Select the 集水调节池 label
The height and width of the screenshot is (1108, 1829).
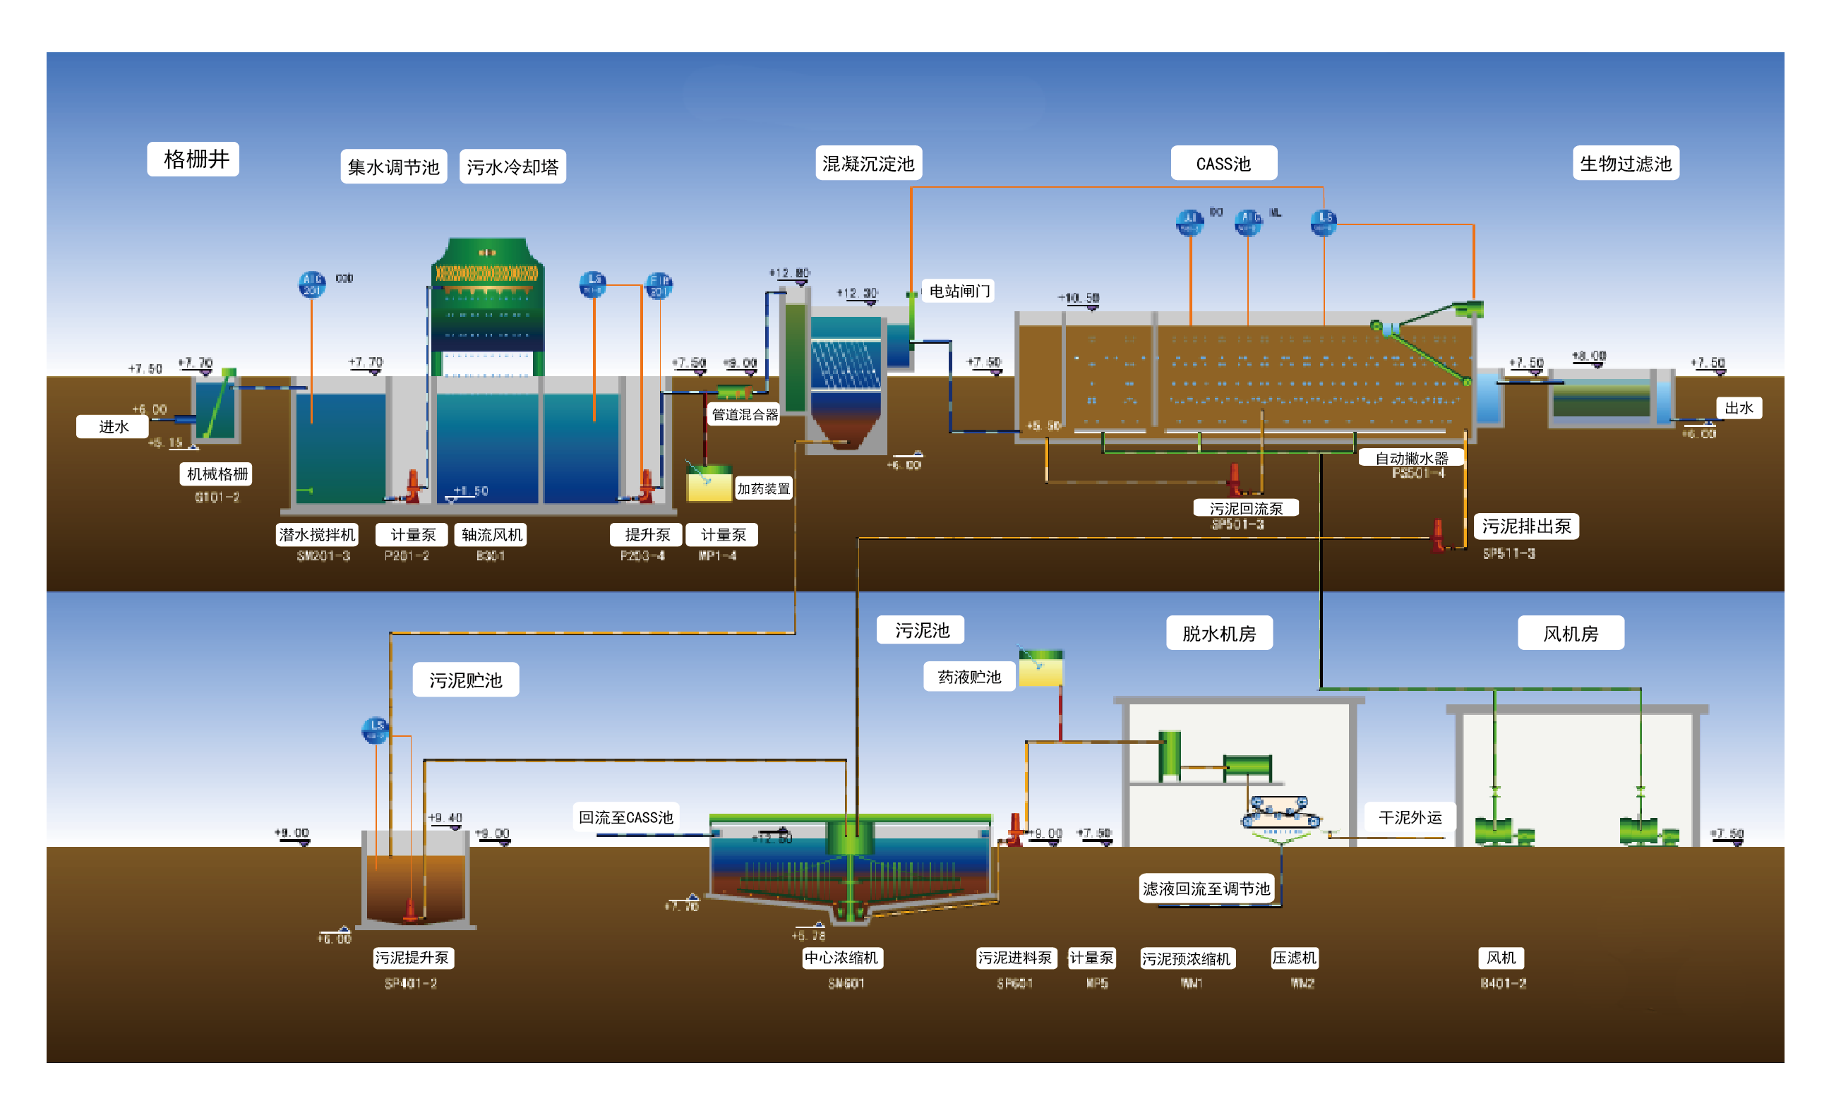[x=393, y=167]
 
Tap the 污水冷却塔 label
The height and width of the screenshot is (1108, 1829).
[x=512, y=167]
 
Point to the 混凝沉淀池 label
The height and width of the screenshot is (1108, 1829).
[x=868, y=163]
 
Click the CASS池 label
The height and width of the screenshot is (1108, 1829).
[x=1223, y=163]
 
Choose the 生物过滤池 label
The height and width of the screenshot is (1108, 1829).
[x=1625, y=163]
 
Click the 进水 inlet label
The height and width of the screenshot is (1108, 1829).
[x=113, y=427]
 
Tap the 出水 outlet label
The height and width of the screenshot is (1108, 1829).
[x=1738, y=407]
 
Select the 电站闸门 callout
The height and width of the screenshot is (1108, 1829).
[x=959, y=291]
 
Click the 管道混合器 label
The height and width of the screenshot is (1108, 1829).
[x=745, y=414]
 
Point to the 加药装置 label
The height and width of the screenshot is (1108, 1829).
[x=763, y=488]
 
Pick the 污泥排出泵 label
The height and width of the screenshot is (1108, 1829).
[x=1525, y=526]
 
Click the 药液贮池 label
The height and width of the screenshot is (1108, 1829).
[x=969, y=677]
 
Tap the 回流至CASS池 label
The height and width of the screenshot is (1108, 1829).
[x=625, y=817]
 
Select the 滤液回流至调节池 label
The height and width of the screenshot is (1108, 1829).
[x=1206, y=889]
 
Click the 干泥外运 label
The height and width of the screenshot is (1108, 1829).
[x=1410, y=817]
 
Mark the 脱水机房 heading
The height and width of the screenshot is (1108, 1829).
[x=1219, y=633]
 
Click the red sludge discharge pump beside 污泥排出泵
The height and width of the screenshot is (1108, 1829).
[x=1438, y=534]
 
